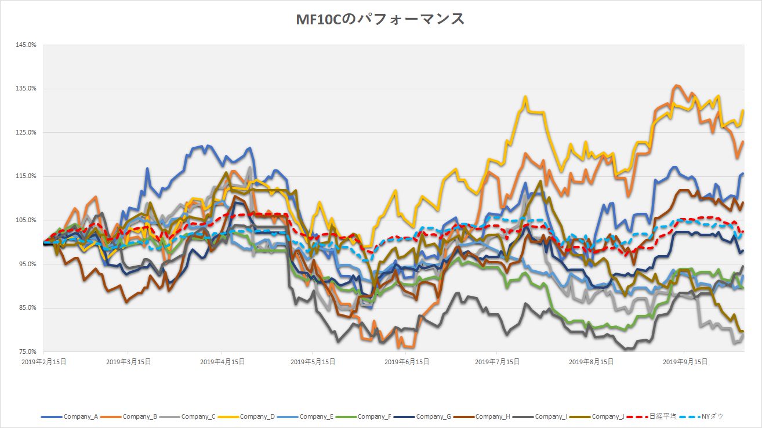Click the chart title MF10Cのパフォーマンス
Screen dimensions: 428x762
click(380, 19)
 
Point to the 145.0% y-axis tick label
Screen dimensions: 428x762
click(27, 45)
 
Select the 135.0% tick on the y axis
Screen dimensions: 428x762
click(27, 89)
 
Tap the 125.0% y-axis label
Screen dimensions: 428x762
click(27, 132)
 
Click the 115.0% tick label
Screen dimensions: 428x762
click(27, 176)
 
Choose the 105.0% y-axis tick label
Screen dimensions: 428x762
click(27, 220)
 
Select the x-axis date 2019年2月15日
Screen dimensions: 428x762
click(43, 361)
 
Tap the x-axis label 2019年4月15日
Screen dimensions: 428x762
click(222, 361)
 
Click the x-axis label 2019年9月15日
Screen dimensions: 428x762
click(684, 361)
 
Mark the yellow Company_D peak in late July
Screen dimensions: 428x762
click(525, 97)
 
